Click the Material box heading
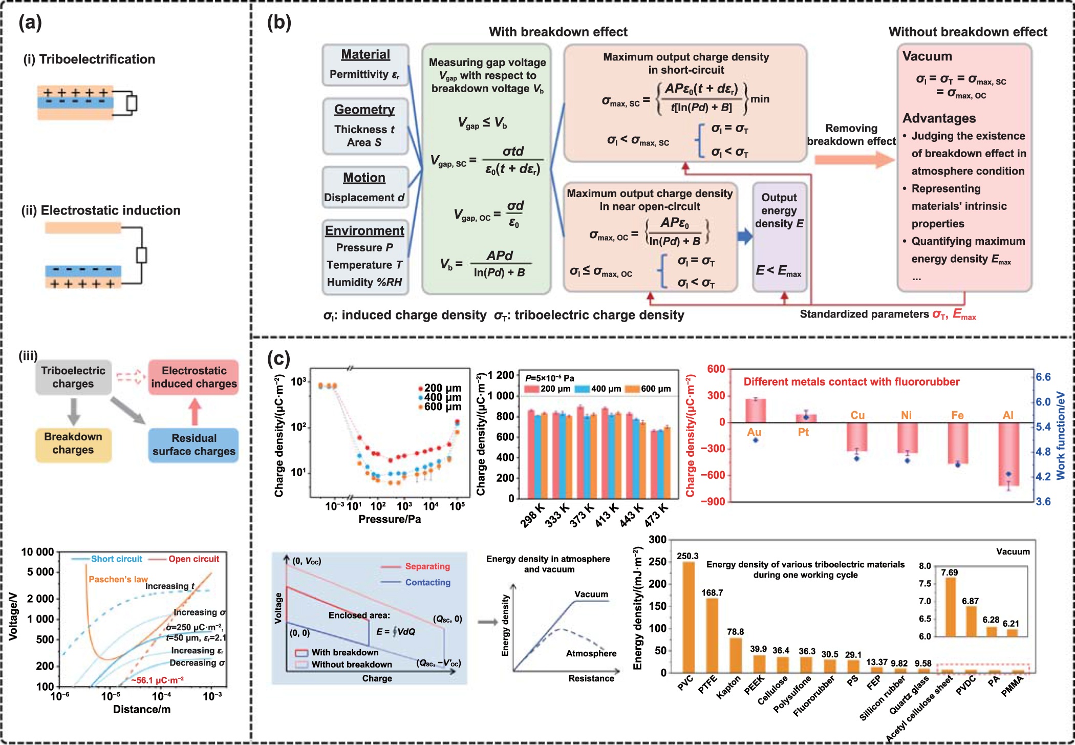[x=365, y=54]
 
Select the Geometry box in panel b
[x=365, y=126]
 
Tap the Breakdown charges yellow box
[x=73, y=443]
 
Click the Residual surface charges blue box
[x=193, y=444]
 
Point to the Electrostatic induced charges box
[x=193, y=377]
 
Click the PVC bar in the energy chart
[x=689, y=617]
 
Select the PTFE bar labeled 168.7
[x=712, y=635]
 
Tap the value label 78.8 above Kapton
[x=735, y=632]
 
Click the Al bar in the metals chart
[x=1008, y=454]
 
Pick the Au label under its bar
[x=754, y=432]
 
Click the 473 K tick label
[x=656, y=515]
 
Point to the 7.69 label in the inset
[x=949, y=572]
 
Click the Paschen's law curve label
[x=118, y=579]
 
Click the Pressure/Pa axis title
[x=390, y=519]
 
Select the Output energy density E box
[x=779, y=237]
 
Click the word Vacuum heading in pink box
[x=927, y=56]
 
